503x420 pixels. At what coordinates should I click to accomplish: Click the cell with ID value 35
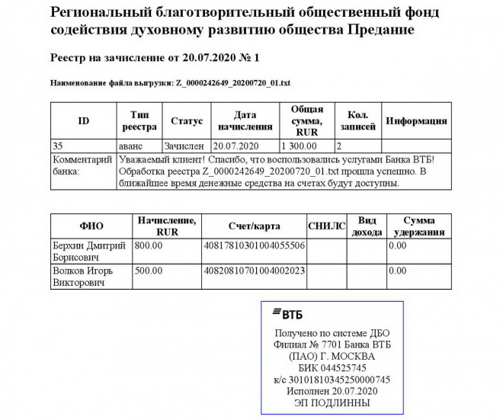(58, 145)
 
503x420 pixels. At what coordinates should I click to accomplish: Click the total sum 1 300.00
(300, 145)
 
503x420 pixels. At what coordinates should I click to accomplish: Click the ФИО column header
(91, 226)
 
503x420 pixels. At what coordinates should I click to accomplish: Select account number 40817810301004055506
(253, 246)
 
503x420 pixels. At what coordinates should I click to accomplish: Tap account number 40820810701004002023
(253, 271)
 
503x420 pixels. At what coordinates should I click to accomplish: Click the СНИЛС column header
(326, 226)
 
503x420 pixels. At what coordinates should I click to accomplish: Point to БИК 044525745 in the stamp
(328, 367)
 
